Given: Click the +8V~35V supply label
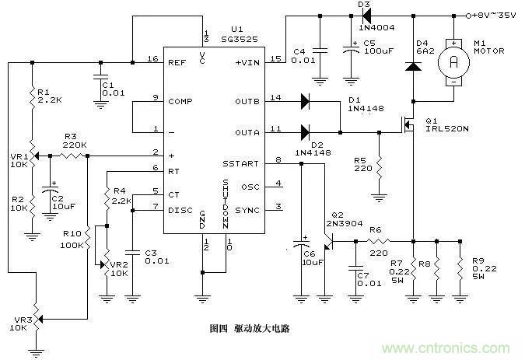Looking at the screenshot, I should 497,14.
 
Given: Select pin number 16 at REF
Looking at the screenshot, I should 153,59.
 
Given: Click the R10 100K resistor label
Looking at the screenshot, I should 72,239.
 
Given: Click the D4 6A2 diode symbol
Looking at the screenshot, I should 412,67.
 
